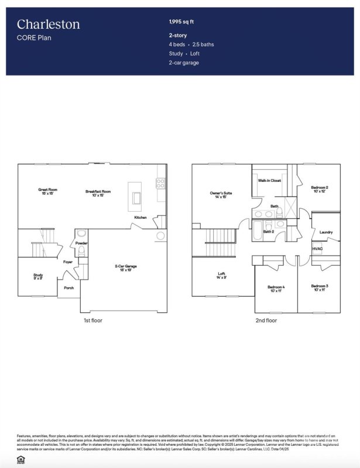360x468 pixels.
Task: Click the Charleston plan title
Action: pos(49,25)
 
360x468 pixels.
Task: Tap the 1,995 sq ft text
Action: pos(181,22)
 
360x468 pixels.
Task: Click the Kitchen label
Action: pos(140,218)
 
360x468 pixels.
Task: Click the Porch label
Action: pos(69,288)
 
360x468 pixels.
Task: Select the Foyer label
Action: pos(68,261)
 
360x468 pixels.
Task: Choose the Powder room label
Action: pos(81,243)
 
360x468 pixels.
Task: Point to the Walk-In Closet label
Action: pos(269,181)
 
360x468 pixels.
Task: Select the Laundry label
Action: pos(326,232)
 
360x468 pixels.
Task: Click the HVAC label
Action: pos(318,249)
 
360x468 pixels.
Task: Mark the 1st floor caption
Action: pos(93,321)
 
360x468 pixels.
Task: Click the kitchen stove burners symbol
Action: pos(160,183)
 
